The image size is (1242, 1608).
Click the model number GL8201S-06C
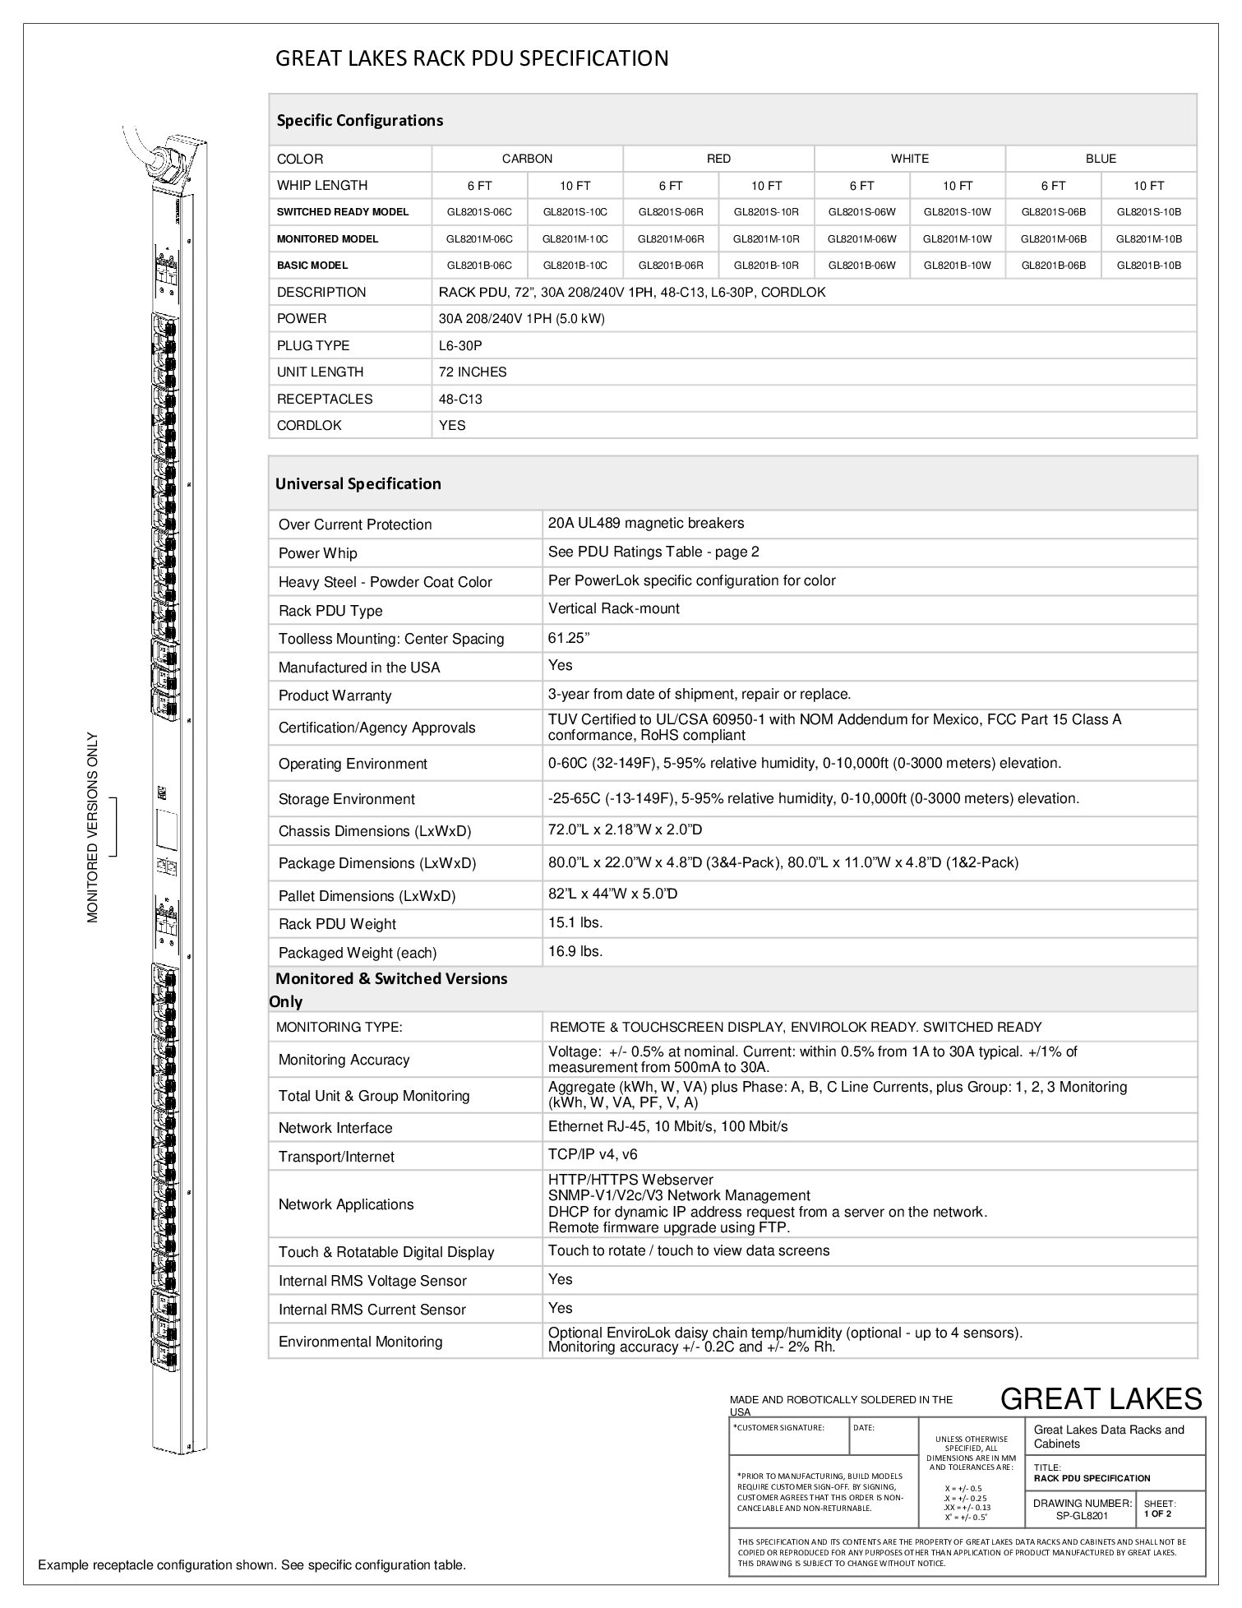(x=479, y=212)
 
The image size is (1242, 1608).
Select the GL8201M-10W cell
(x=958, y=239)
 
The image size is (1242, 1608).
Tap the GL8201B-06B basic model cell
(x=1053, y=266)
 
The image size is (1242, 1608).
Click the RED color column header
(x=718, y=159)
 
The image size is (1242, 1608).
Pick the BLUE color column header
(x=1101, y=159)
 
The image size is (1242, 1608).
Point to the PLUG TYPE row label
(x=313, y=345)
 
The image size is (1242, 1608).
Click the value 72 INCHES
(x=473, y=372)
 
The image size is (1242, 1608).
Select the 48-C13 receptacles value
(x=460, y=399)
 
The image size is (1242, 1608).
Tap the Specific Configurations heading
(x=360, y=120)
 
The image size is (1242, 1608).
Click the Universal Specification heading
(x=358, y=483)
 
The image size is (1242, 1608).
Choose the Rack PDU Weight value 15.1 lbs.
(x=575, y=922)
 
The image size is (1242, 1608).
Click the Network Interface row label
(x=335, y=1128)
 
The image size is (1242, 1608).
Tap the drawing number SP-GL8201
(x=1083, y=1516)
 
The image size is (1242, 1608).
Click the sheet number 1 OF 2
(x=1157, y=1513)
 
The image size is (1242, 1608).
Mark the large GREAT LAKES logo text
(x=1101, y=1398)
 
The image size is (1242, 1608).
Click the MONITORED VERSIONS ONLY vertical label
(x=93, y=827)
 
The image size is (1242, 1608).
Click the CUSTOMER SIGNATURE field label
(x=779, y=1428)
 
